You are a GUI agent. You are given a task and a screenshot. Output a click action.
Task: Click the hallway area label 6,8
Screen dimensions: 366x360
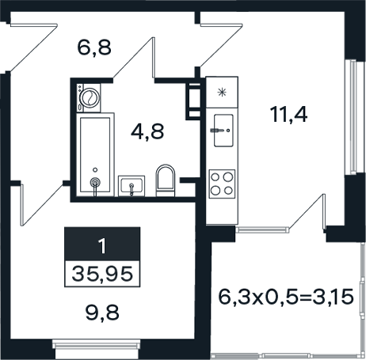point(94,47)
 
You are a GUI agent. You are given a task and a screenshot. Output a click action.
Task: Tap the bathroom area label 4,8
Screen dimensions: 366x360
point(147,131)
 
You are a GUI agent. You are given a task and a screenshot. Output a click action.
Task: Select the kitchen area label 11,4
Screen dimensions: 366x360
point(288,114)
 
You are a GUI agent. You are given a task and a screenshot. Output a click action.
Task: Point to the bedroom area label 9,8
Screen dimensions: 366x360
point(102,313)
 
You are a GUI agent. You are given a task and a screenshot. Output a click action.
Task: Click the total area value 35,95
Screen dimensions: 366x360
point(102,274)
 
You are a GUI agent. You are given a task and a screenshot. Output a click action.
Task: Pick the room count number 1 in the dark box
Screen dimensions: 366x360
point(102,246)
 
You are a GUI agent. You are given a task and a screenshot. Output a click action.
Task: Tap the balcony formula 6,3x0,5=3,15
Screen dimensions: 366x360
point(286,297)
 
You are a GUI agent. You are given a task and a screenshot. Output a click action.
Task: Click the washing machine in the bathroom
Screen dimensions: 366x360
point(89,98)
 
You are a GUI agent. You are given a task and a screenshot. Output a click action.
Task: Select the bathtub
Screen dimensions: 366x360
point(95,155)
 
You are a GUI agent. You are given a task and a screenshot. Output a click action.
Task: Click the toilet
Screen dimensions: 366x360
point(166,180)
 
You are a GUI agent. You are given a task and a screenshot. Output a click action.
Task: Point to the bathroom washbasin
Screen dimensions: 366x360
point(132,186)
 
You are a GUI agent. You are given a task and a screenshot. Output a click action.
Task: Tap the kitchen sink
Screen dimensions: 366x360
point(223,131)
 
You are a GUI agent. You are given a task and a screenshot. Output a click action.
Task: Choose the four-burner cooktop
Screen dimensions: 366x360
point(222,184)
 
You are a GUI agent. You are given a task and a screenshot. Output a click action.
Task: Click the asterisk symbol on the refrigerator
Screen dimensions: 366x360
point(222,93)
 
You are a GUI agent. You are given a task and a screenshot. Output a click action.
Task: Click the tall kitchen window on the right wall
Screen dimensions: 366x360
point(352,117)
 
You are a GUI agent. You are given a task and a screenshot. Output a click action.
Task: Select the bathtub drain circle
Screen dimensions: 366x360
point(95,170)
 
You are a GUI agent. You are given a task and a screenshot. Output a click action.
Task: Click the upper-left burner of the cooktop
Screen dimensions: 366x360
point(215,177)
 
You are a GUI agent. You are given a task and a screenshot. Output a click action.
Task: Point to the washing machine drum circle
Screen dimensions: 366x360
point(90,97)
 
